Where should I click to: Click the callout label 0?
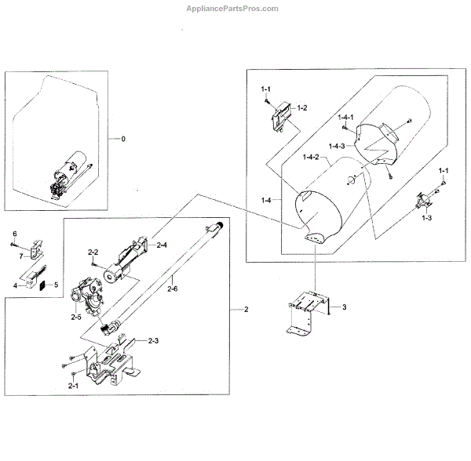pyautogui.click(x=122, y=139)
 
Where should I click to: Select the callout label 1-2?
pyautogui.click(x=301, y=107)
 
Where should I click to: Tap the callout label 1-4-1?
pyautogui.click(x=346, y=117)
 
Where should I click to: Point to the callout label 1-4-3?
pyautogui.click(x=338, y=147)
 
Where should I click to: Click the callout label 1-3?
pyautogui.click(x=426, y=216)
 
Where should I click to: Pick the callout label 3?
pyautogui.click(x=343, y=307)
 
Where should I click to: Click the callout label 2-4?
pyautogui.click(x=162, y=245)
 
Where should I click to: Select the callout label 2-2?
pyautogui.click(x=92, y=252)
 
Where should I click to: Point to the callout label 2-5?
pyautogui.click(x=76, y=317)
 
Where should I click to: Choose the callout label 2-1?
pyautogui.click(x=73, y=387)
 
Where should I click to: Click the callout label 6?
pyautogui.click(x=13, y=234)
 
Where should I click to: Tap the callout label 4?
pyautogui.click(x=14, y=285)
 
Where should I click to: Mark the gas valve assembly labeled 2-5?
pyautogui.click(x=88, y=296)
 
